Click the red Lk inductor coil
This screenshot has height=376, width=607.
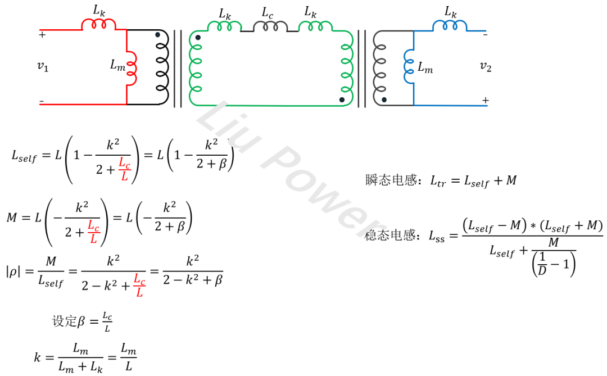pos(99,24)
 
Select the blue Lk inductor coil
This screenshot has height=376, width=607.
pos(449,25)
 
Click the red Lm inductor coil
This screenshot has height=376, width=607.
pos(132,69)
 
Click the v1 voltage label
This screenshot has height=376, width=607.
pos(43,66)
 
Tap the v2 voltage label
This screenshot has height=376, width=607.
pos(486,66)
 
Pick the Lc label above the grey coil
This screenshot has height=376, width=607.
pos(268,11)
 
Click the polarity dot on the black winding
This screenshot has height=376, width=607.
pos(158,35)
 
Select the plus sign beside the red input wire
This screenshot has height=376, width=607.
pos(42,34)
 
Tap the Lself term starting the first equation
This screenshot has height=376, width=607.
pos(24,157)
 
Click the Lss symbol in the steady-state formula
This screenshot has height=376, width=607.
pos(437,237)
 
